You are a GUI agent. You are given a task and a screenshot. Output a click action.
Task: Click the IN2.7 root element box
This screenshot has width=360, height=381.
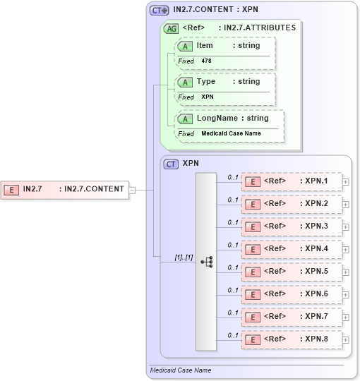point(65,189)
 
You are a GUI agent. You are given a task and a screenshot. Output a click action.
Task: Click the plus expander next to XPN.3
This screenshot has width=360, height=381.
point(345,227)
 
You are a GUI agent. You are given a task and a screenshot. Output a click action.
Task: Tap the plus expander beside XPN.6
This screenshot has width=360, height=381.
point(345,295)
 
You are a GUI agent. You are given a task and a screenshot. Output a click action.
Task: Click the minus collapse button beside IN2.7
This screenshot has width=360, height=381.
point(132,189)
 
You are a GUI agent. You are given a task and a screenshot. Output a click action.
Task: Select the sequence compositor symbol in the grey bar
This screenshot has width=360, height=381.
point(207,262)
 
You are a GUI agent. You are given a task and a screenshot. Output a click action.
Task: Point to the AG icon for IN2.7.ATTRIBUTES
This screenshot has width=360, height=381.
point(171,29)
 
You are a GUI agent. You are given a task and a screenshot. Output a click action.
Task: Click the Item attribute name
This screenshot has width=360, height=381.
point(205,46)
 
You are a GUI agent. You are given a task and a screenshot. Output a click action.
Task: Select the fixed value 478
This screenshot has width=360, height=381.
point(206,61)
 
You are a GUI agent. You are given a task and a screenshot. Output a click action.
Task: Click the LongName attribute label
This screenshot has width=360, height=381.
point(217,118)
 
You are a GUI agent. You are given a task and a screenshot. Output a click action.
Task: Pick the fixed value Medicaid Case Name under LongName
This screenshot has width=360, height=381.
point(231,133)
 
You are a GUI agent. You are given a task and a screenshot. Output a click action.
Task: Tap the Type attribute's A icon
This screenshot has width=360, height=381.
point(185,82)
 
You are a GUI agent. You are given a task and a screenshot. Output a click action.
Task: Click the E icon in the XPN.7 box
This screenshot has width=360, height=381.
point(252,317)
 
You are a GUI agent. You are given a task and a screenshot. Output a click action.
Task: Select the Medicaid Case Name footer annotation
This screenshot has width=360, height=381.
point(181,370)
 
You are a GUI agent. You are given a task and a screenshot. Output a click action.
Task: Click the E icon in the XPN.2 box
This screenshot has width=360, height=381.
point(252,204)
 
